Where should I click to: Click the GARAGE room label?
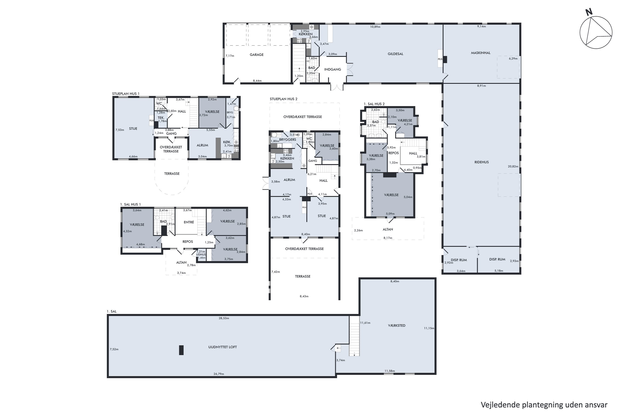pyautogui.click(x=256, y=55)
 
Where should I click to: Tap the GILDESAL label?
pyautogui.click(x=395, y=54)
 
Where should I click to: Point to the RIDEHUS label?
pyautogui.click(x=481, y=162)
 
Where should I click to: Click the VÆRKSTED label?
pyautogui.click(x=396, y=325)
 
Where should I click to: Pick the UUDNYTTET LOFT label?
pyautogui.click(x=222, y=347)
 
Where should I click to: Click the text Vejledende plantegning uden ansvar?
pyautogui.click(x=544, y=404)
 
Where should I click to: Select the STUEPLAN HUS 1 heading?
pyautogui.click(x=126, y=94)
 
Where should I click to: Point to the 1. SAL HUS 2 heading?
pyautogui.click(x=374, y=104)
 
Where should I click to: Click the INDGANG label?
pyautogui.click(x=332, y=69)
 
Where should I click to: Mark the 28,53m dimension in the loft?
pyautogui.click(x=224, y=318)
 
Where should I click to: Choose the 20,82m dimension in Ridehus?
pyautogui.click(x=513, y=166)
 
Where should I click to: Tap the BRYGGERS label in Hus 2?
pyautogui.click(x=287, y=140)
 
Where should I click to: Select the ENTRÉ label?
pyautogui.click(x=189, y=222)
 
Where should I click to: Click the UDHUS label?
pyautogui.click(x=201, y=255)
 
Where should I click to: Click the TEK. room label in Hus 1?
pyautogui.click(x=161, y=118)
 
